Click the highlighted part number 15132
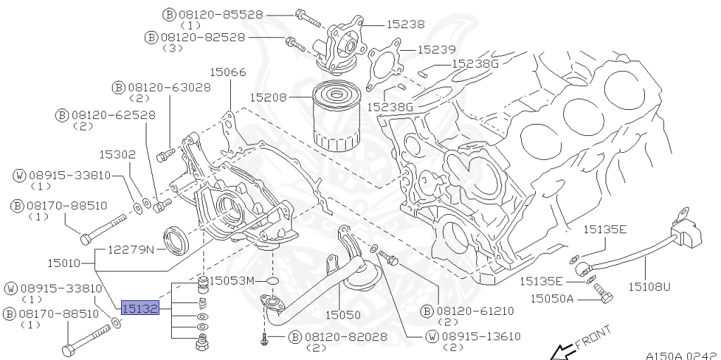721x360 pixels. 140,308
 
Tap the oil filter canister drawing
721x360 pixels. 337,116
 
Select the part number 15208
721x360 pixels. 268,98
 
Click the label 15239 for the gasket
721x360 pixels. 437,49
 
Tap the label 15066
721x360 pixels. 228,73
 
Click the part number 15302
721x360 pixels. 118,154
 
